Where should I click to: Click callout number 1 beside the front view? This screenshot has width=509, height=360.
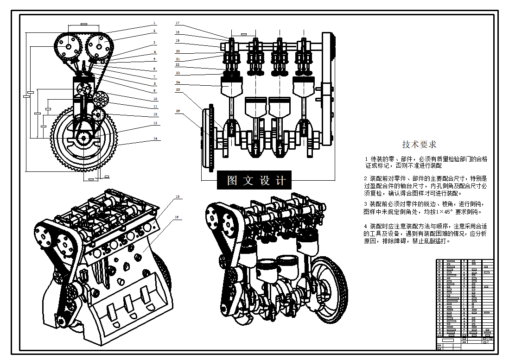pyautogui.click(x=155, y=23)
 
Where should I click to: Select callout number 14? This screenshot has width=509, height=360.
pyautogui.click(x=155, y=139)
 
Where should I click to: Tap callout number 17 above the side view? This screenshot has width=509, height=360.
pyautogui.click(x=177, y=23)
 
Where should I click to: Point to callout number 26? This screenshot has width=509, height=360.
pyautogui.click(x=177, y=111)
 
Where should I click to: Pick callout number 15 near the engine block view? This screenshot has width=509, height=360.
pyautogui.click(x=177, y=197)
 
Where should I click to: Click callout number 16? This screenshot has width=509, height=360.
pyautogui.click(x=177, y=217)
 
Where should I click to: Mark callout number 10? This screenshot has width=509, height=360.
pyautogui.click(x=155, y=99)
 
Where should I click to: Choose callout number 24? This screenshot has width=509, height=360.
pyautogui.click(x=177, y=82)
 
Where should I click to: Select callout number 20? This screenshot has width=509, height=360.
pyautogui.click(x=177, y=51)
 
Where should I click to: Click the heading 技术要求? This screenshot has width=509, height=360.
pyautogui.click(x=419, y=145)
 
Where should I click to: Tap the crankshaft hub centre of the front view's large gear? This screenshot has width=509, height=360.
pyautogui.click(x=83, y=137)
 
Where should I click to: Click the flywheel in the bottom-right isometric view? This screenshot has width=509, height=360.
pyautogui.click(x=330, y=287)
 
